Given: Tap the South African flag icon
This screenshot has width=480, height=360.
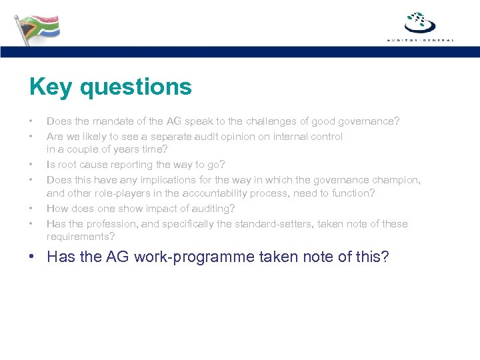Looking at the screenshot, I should [37, 27].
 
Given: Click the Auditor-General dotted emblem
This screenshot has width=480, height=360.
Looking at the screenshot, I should [420, 22].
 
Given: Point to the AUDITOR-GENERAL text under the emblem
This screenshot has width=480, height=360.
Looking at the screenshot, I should [420, 40].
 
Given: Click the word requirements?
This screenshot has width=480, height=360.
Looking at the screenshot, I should [79, 237].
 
